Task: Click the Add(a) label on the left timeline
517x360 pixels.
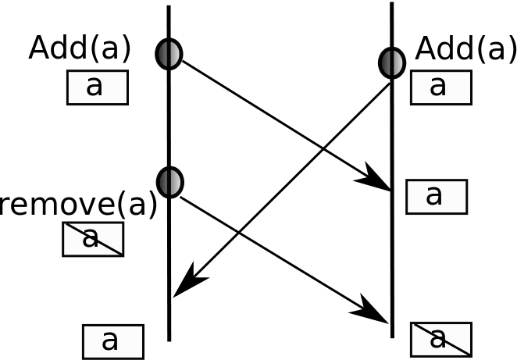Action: coord(80,48)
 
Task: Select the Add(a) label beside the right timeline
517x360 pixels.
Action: coord(465,49)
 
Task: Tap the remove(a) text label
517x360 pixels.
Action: coord(78,205)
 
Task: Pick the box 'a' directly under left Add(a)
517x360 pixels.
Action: coord(97,87)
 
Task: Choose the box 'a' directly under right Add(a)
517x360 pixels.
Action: coord(440,87)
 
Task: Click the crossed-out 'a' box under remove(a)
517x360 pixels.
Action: coord(93,239)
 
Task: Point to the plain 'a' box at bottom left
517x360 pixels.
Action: coord(112,341)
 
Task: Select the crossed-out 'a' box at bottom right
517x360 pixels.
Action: coord(440,339)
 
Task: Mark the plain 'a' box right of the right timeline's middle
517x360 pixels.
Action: coord(436,196)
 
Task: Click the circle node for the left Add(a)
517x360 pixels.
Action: coord(169,54)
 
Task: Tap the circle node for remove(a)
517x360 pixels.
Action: coord(169,182)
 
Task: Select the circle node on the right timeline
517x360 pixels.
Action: coord(392,62)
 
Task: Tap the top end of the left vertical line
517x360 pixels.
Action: coord(168,7)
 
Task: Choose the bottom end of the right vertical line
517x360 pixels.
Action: coord(392,336)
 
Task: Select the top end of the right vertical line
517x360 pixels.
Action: coord(391,4)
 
